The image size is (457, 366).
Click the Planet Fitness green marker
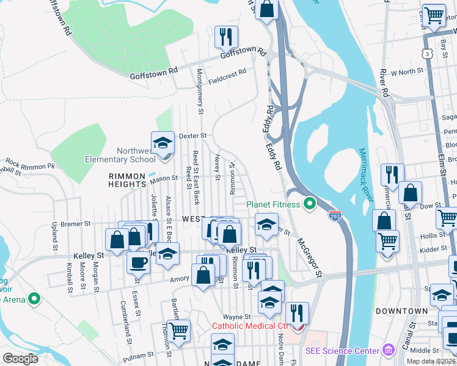click(310, 204)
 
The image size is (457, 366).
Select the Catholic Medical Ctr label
click(244, 326)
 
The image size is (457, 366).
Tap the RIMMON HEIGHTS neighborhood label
click(127, 180)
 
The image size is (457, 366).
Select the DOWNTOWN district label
click(401, 311)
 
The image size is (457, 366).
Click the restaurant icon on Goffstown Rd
click(226, 37)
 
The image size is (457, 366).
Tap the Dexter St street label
click(194, 135)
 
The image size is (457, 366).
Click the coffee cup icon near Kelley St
click(138, 264)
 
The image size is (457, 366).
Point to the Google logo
click(20, 359)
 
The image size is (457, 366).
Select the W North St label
click(407, 72)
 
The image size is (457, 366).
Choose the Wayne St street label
click(237, 317)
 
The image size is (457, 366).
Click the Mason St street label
click(163, 179)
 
